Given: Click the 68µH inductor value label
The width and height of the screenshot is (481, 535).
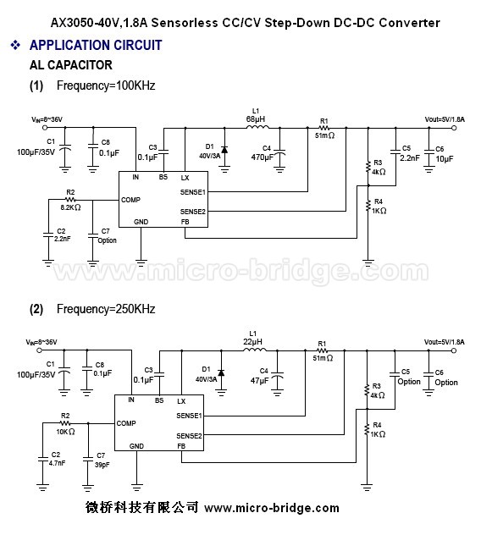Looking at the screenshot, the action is (x=256, y=119).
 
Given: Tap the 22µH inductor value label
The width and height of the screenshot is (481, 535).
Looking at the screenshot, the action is (x=252, y=342).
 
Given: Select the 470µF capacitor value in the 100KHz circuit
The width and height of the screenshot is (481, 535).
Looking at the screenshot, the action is (x=263, y=157).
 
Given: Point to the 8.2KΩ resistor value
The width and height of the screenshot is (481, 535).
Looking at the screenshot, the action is (x=70, y=207).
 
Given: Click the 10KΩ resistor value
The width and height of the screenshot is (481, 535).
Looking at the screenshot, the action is (x=65, y=432).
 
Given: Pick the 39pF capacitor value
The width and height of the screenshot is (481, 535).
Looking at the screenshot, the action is (x=102, y=465).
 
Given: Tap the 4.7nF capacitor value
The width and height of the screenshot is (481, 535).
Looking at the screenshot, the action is (x=57, y=463).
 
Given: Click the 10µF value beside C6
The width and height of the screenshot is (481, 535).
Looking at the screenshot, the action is (x=445, y=159).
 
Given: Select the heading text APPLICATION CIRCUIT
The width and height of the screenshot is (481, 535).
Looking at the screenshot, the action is (x=96, y=45).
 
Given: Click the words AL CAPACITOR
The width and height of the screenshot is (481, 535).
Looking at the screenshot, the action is (x=71, y=65).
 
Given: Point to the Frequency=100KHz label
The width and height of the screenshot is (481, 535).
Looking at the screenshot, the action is (x=106, y=85).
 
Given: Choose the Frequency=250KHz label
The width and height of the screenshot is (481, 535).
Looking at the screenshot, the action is (x=106, y=309).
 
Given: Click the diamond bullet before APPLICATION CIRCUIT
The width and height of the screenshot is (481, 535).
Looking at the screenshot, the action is (x=15, y=45).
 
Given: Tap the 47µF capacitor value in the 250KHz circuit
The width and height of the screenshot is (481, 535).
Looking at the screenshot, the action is (x=259, y=380).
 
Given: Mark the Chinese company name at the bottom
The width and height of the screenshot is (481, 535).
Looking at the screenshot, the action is (x=141, y=507).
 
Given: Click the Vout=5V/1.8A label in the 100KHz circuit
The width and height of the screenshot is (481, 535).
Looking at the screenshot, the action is (x=445, y=119).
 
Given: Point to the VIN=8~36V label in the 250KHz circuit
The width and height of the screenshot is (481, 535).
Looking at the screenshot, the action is (x=41, y=342).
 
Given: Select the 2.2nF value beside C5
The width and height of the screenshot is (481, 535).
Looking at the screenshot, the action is (x=410, y=158).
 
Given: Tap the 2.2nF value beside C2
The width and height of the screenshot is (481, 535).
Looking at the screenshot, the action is (x=62, y=239).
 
